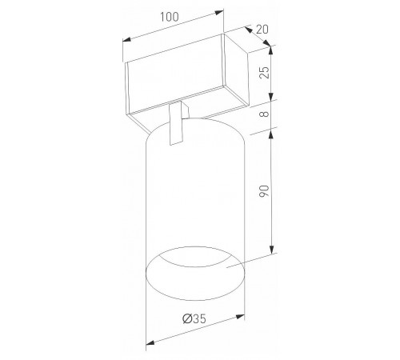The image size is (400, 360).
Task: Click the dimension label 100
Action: pyautogui.click(x=170, y=17)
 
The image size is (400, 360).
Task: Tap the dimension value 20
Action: pyautogui.click(x=262, y=30)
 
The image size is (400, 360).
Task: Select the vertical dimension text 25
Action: pyautogui.click(x=265, y=72)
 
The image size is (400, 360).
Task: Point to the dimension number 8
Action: pyautogui.click(x=265, y=114)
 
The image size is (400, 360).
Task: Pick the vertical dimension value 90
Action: pyautogui.click(x=264, y=191)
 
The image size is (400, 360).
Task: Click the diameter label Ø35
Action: pyautogui.click(x=194, y=318)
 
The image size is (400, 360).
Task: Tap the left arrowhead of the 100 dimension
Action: pyautogui.click(x=126, y=40)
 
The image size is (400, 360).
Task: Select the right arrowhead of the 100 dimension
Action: pyautogui.click(x=219, y=12)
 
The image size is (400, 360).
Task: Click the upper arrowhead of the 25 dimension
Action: pyautogui.click(x=271, y=50)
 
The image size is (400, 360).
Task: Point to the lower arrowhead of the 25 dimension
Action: pyautogui.click(x=271, y=97)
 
